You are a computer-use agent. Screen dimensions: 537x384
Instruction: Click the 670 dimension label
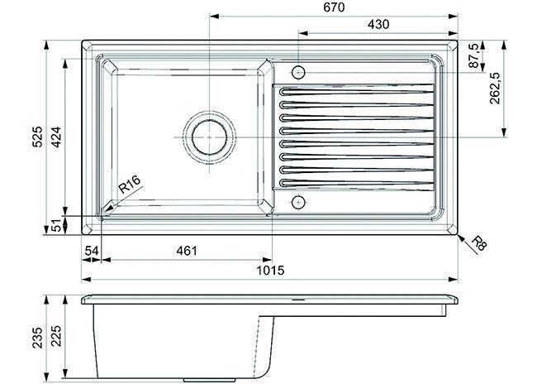pos(334,7)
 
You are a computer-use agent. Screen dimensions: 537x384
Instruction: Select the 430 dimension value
pos(378,24)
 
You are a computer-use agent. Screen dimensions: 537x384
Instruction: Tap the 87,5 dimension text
pos(473,55)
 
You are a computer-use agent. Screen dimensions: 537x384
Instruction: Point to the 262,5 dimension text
pos(495,89)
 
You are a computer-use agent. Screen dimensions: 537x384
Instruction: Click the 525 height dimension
pos(37,137)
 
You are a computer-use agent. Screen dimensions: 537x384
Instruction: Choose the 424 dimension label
pos(56,137)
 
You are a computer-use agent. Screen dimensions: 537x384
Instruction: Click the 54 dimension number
pos(92,251)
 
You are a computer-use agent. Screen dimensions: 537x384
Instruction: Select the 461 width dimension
pos(187,251)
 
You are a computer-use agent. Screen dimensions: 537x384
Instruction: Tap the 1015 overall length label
pos(270,271)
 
